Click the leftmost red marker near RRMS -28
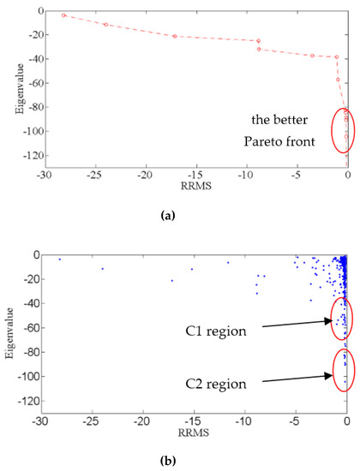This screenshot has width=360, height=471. (x=63, y=15)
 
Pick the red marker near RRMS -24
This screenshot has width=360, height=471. (x=106, y=25)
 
